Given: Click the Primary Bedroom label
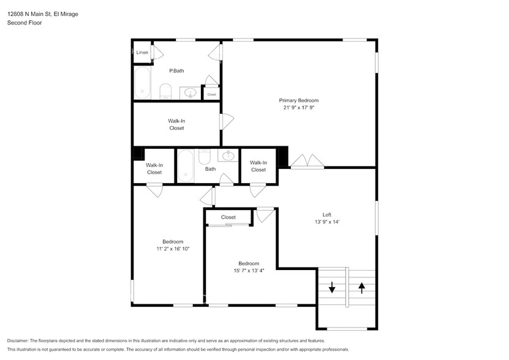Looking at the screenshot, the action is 299,100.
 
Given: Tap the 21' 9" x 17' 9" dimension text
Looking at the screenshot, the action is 299,107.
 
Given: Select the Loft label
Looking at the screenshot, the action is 327,214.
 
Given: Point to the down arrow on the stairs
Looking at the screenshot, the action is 332,287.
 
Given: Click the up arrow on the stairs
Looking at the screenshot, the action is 361,288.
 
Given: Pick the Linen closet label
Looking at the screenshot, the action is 142,52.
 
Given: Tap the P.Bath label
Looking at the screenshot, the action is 176,70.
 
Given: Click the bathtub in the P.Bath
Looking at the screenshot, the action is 143,83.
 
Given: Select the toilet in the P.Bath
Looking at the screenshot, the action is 165,91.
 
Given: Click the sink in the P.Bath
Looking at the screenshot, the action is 190,94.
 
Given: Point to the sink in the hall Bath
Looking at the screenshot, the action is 228,155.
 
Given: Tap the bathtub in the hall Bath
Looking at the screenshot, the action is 186,166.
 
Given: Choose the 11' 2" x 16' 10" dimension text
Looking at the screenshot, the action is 173,249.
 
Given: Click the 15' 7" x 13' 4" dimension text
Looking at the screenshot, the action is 249,271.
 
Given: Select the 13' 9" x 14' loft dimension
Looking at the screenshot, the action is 327,222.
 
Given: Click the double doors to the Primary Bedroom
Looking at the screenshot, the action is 307,162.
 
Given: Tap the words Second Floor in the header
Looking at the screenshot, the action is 25,23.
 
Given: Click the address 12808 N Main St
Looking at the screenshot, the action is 29,14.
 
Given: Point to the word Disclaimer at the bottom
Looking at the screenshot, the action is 18,340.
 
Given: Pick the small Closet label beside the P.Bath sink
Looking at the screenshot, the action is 212,94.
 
